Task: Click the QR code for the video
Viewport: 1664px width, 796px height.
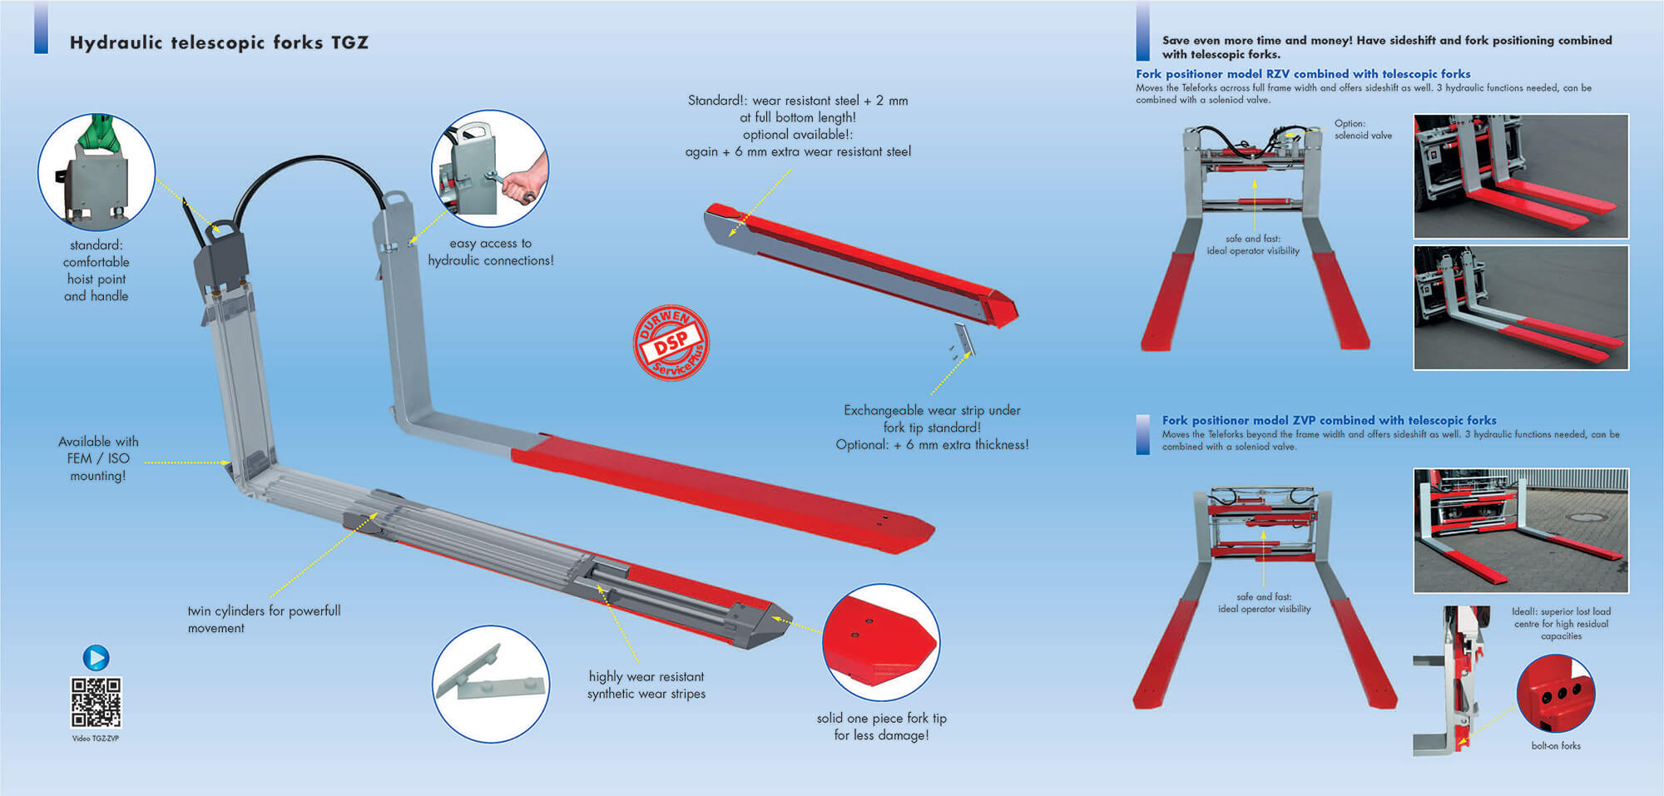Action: [97, 703]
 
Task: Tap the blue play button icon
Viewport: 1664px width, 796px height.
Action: [96, 658]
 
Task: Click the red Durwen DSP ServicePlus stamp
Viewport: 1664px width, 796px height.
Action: [671, 343]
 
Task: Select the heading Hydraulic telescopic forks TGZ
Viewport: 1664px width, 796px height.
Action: [219, 42]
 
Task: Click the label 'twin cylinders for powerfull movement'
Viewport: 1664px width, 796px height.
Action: [264, 619]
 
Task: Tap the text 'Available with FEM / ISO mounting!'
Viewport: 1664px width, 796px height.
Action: [98, 458]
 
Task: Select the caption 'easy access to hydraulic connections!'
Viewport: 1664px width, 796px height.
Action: [491, 251]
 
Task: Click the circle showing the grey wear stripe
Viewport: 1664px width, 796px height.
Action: [491, 684]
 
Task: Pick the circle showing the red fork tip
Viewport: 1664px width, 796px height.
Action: [881, 642]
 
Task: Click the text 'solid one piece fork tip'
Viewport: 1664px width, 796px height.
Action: [882, 718]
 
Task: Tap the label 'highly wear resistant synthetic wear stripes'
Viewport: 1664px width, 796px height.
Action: [646, 685]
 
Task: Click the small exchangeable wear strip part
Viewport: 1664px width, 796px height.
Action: [963, 339]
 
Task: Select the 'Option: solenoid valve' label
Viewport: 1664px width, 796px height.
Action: [1363, 129]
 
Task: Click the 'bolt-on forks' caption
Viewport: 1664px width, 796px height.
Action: [1556, 746]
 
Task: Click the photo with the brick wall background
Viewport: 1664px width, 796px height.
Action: [1521, 531]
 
